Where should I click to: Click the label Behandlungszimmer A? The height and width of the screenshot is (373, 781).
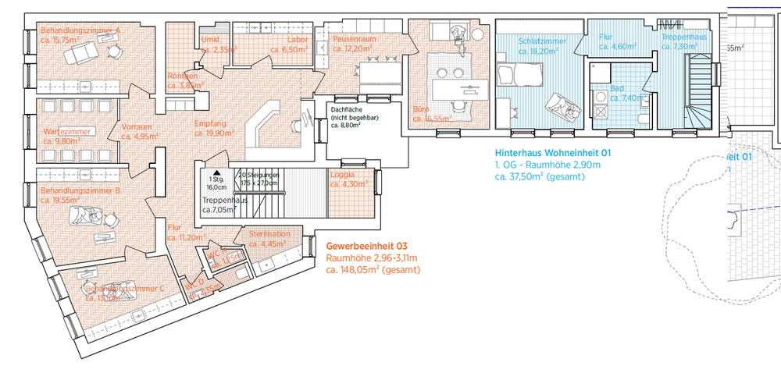coord(80,32)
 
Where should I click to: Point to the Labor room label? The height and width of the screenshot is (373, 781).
coord(298,39)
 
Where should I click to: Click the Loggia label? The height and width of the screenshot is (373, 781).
coord(344,174)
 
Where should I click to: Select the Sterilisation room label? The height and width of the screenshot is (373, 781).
coord(269,233)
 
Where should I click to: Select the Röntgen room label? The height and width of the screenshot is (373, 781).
coord(182,76)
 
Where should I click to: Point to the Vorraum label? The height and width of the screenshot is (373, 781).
coord(137,126)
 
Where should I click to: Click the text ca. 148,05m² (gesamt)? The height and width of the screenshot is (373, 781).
coord(373,270)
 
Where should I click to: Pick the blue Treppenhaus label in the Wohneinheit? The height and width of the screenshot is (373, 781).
coord(683,37)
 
